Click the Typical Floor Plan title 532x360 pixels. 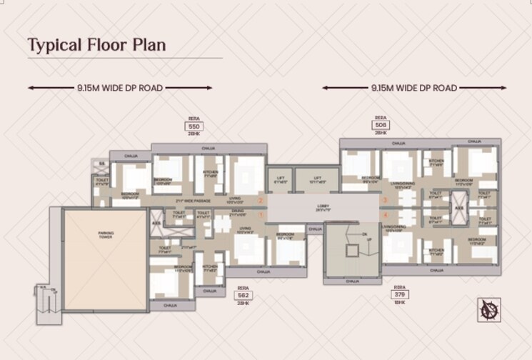point(96,45)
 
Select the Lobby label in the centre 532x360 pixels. point(323,208)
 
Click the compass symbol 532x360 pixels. point(489,309)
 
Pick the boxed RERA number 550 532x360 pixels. point(193,126)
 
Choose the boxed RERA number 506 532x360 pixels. point(381,125)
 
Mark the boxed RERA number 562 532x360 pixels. point(243,294)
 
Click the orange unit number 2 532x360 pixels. point(261,201)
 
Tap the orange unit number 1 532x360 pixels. point(261,214)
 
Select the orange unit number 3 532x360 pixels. point(385,201)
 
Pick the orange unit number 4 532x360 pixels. point(385,214)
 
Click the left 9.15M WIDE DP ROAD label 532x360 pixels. point(120,88)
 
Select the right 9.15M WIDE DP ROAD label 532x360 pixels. point(414,88)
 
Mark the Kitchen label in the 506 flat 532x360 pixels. point(436,161)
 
